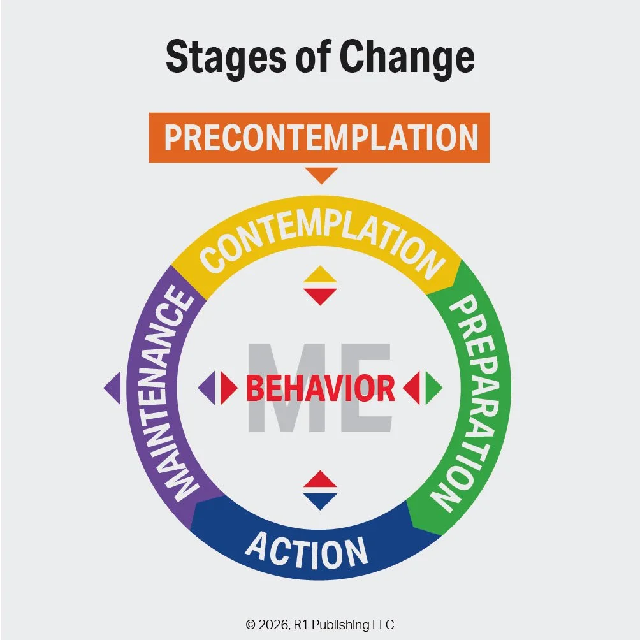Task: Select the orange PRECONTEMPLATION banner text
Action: (x=319, y=138)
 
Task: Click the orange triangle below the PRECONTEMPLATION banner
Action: (x=321, y=173)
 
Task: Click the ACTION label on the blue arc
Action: (x=307, y=550)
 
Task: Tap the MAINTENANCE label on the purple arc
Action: (x=174, y=393)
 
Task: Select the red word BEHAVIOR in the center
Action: (x=320, y=388)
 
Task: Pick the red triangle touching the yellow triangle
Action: (x=320, y=295)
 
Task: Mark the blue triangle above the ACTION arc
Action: (x=320, y=501)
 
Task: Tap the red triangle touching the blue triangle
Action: (x=320, y=481)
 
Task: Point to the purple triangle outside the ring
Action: (x=113, y=388)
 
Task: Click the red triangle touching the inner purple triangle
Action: (x=228, y=388)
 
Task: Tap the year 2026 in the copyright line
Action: (x=270, y=625)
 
